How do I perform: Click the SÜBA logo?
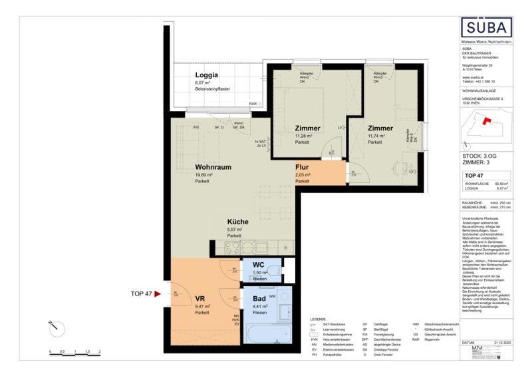(x=488, y=28)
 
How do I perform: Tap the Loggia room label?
(x=206, y=75)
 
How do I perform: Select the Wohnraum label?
(x=212, y=167)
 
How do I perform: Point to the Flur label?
(x=303, y=168)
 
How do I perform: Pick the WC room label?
(x=259, y=266)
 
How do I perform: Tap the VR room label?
(x=199, y=299)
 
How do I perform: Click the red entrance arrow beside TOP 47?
(x=158, y=293)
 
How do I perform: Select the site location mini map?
(x=488, y=129)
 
